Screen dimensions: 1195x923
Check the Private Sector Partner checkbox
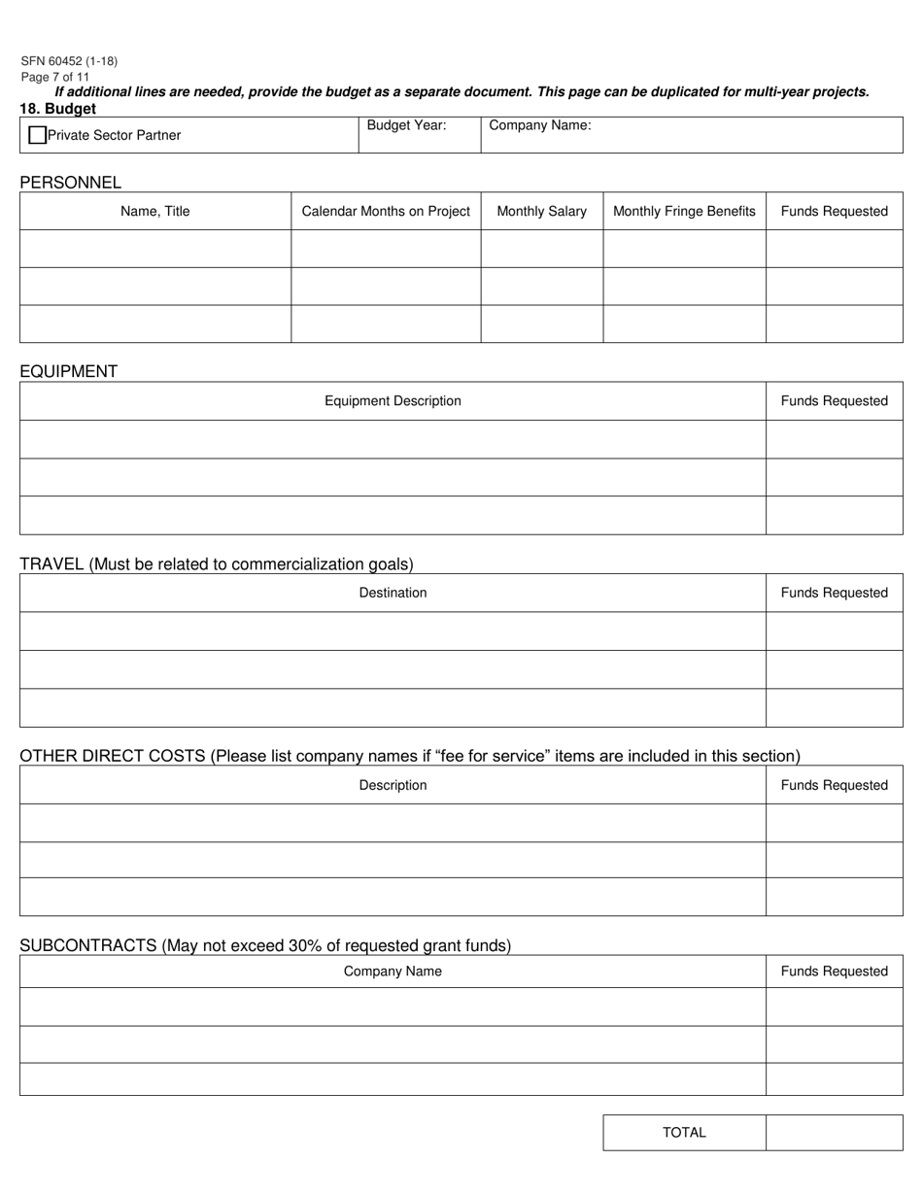tap(38, 135)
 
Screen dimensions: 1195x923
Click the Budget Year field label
tap(406, 125)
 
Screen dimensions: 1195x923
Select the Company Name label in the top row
tap(540, 125)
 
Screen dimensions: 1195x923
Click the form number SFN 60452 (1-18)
tap(69, 61)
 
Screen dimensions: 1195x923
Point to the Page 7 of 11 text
tap(55, 77)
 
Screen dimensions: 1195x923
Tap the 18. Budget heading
tap(57, 108)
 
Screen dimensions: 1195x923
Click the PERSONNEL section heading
tap(71, 182)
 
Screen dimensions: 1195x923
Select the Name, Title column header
tap(155, 211)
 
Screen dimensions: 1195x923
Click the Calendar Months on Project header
tap(386, 211)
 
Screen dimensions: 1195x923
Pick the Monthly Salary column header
tap(541, 211)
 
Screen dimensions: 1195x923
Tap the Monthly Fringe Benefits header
tap(684, 211)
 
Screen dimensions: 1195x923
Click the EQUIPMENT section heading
tap(68, 371)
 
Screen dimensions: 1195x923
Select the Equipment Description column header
tap(393, 400)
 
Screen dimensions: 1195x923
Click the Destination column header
tap(393, 593)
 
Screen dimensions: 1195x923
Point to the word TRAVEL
tap(51, 563)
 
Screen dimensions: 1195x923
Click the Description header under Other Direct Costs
tap(393, 785)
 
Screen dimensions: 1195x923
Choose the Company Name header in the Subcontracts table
tap(393, 971)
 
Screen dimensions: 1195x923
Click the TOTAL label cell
tap(684, 1132)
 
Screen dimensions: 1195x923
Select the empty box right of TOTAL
tap(834, 1132)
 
